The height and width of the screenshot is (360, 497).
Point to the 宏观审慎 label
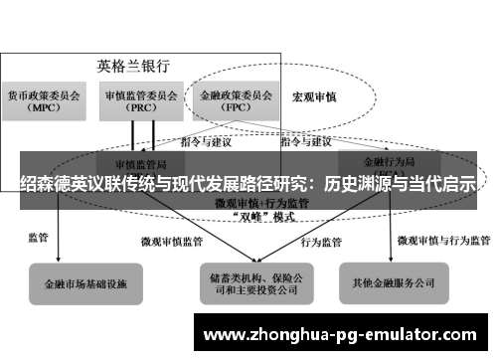pyautogui.click(x=313, y=98)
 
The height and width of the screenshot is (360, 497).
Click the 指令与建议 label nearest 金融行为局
pyautogui.click(x=305, y=142)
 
